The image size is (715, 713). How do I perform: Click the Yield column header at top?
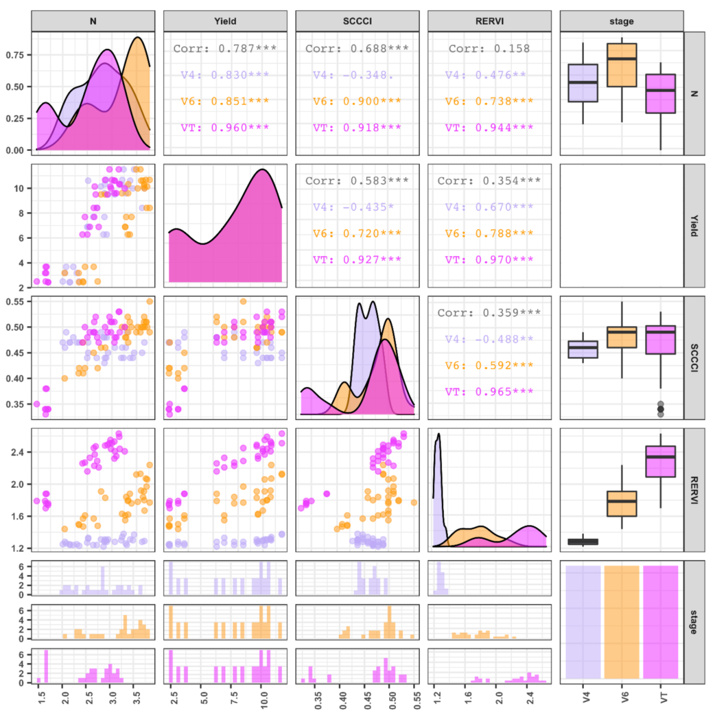(225, 21)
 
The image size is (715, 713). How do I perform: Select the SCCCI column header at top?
(357, 21)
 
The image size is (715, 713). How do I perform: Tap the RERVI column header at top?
(489, 21)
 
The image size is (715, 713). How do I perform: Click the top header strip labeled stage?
(622, 21)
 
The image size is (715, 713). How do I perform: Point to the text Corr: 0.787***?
(225, 49)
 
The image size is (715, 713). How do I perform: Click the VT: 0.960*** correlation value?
(225, 128)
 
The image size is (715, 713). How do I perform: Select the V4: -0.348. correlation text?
(353, 75)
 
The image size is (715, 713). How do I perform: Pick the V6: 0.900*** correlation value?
(357, 101)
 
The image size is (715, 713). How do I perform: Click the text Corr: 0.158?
(489, 49)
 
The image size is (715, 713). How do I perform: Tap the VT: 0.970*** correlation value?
(489, 260)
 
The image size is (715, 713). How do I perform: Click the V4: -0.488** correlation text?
(489, 339)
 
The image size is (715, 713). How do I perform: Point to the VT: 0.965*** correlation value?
(489, 392)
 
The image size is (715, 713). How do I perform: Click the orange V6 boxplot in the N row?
(622, 65)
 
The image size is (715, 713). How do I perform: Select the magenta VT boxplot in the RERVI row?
(660, 462)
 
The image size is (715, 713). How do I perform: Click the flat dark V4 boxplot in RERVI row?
(583, 542)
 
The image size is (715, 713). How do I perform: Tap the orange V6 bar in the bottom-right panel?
(622, 622)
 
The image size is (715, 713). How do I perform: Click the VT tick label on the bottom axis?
(663, 698)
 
